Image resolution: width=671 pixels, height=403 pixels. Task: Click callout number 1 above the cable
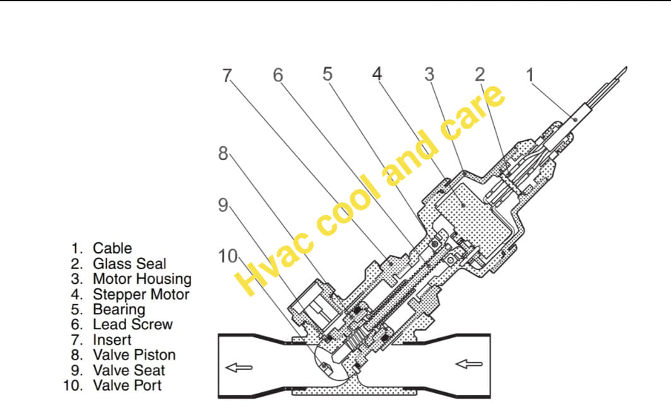pos(530,75)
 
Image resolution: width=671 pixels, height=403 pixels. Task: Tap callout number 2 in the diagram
pos(480,75)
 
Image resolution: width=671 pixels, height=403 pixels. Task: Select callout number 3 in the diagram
pos(429,74)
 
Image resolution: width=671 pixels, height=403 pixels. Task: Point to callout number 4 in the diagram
pos(377,74)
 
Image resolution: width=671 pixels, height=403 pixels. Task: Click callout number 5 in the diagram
pos(328,74)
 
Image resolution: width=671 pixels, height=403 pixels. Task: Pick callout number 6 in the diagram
pos(278,75)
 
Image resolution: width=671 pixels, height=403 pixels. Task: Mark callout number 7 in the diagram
pos(227,76)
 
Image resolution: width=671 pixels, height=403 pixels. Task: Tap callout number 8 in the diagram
pos(223,153)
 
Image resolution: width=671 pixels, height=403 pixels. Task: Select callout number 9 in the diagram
pos(223,205)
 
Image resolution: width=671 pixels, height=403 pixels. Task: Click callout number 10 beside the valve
pos(228,257)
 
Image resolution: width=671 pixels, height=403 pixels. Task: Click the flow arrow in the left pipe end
pos(239,368)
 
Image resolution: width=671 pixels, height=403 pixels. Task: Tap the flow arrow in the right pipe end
pos(469,364)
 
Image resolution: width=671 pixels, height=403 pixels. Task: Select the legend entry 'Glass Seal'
pos(129,264)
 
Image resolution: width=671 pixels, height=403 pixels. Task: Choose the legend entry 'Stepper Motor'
pos(141,295)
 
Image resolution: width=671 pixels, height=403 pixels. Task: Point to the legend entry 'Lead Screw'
pos(133,324)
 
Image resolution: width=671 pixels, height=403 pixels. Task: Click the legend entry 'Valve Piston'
pos(134,354)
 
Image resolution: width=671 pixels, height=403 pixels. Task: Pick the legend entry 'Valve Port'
pos(127,385)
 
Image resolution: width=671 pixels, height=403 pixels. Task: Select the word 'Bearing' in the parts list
pos(119,310)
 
